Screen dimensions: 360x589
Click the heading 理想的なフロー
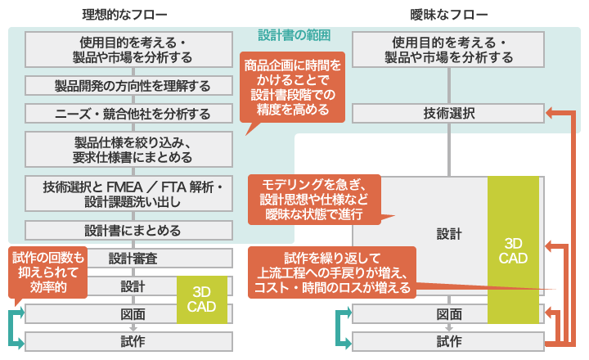point(126,14)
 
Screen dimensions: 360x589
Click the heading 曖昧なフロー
point(450,14)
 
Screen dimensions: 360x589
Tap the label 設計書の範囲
point(293,35)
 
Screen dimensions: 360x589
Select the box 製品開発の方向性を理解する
point(127,86)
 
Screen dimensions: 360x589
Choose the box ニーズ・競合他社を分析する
point(127,114)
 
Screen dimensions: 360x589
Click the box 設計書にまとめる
point(127,231)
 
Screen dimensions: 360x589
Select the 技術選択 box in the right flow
point(448,114)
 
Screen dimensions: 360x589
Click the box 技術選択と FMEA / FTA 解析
point(127,194)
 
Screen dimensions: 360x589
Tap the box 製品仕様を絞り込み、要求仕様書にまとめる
point(127,150)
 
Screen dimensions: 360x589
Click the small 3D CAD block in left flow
point(201,299)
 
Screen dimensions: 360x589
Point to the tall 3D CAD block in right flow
point(513,250)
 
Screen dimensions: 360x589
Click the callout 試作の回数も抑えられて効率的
point(48,273)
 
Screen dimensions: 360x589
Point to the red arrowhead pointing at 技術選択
point(551,114)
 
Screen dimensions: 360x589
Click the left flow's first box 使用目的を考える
point(127,50)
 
